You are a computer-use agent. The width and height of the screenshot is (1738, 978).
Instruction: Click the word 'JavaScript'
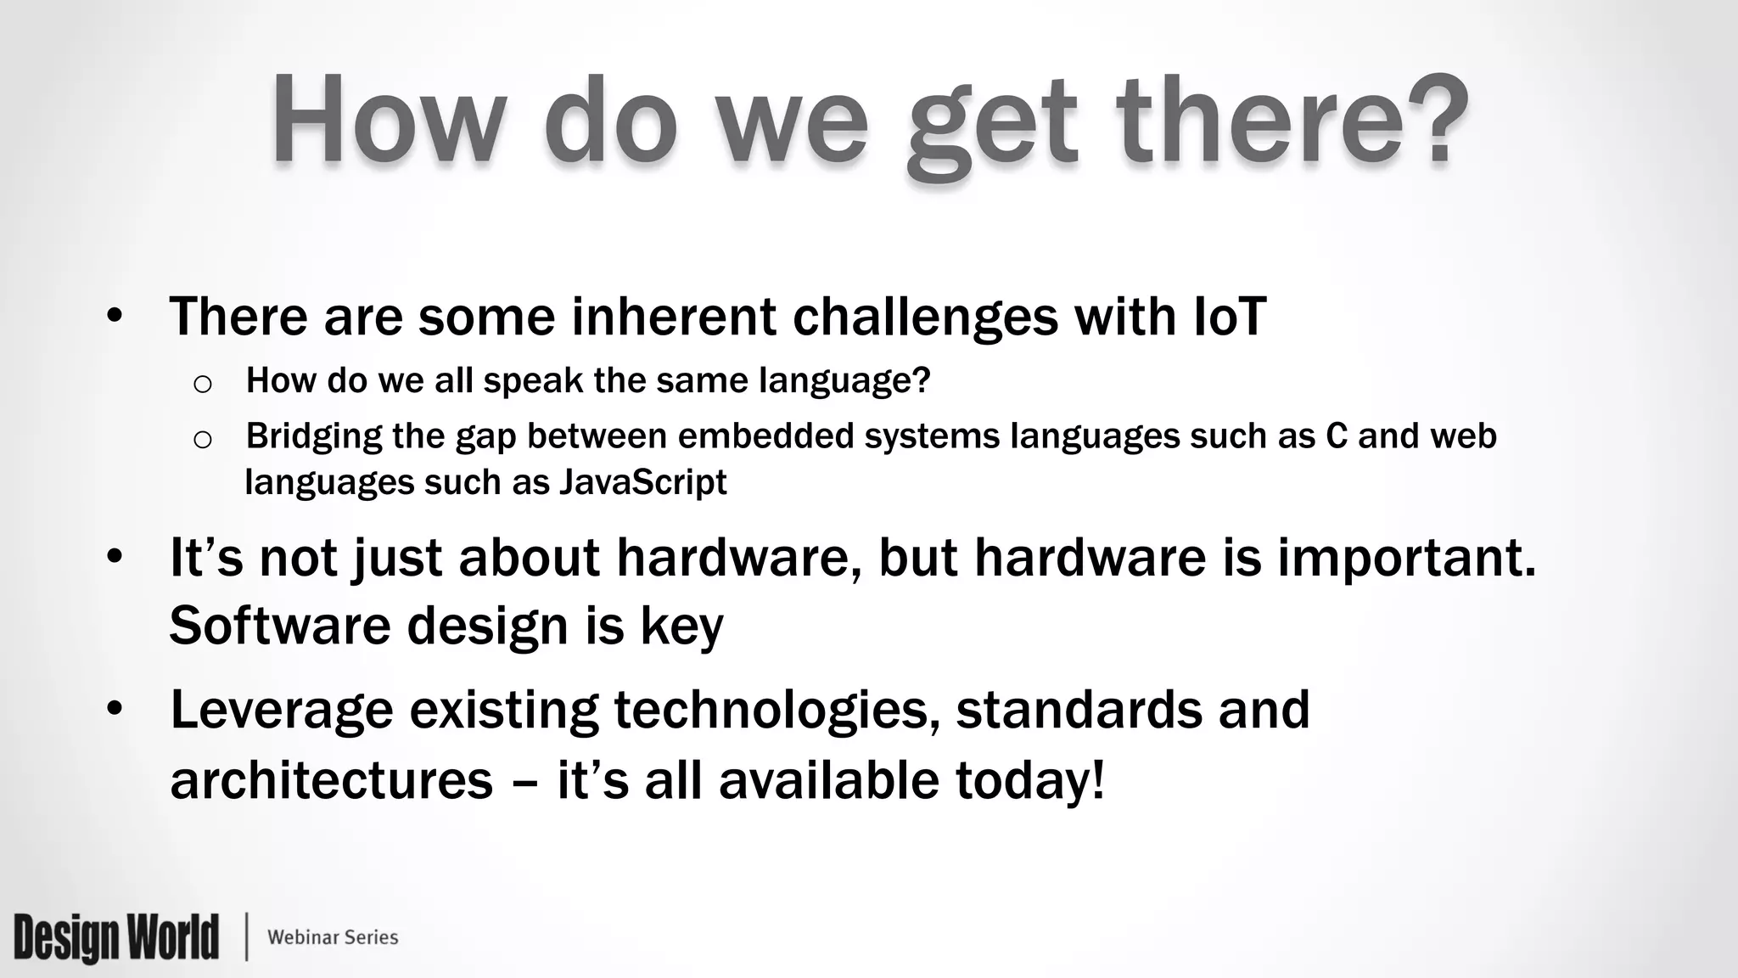(642, 482)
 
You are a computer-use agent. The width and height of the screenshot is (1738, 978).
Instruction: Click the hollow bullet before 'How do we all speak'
(202, 385)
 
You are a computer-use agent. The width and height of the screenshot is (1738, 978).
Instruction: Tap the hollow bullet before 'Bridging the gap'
(202, 440)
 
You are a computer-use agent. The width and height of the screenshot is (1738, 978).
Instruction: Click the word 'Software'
(279, 626)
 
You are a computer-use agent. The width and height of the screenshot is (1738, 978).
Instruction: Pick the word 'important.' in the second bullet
(1406, 559)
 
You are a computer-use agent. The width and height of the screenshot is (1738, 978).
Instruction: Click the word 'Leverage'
(282, 711)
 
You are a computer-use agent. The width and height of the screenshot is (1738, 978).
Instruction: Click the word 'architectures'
(331, 780)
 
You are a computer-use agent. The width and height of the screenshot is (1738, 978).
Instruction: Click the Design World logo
(116, 937)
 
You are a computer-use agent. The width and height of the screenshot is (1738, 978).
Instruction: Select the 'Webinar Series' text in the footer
(333, 937)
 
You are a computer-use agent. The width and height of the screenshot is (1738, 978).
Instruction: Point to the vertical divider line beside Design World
(247, 937)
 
